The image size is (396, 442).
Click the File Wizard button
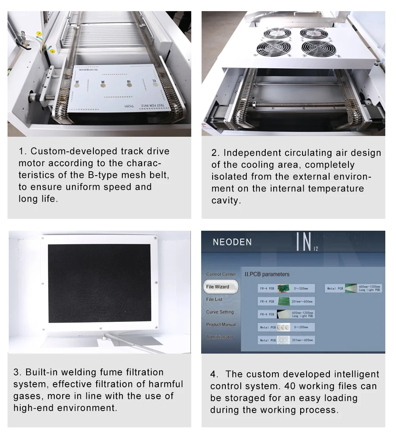pos(217,287)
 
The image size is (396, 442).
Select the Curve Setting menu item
pos(220,312)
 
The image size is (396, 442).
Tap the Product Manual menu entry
pos(221,325)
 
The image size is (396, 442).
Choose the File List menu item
pos(214,299)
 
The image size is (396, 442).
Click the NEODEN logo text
pos(232,242)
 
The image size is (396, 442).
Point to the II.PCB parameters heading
pos(267,274)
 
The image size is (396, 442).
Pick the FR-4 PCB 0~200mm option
pos(286,289)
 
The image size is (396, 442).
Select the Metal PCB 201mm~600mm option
pos(286,340)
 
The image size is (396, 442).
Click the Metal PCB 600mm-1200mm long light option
pos(354,289)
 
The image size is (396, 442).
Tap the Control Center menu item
pos(221,274)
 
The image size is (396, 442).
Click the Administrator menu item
pos(220,337)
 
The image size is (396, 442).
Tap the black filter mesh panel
pos(99,283)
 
